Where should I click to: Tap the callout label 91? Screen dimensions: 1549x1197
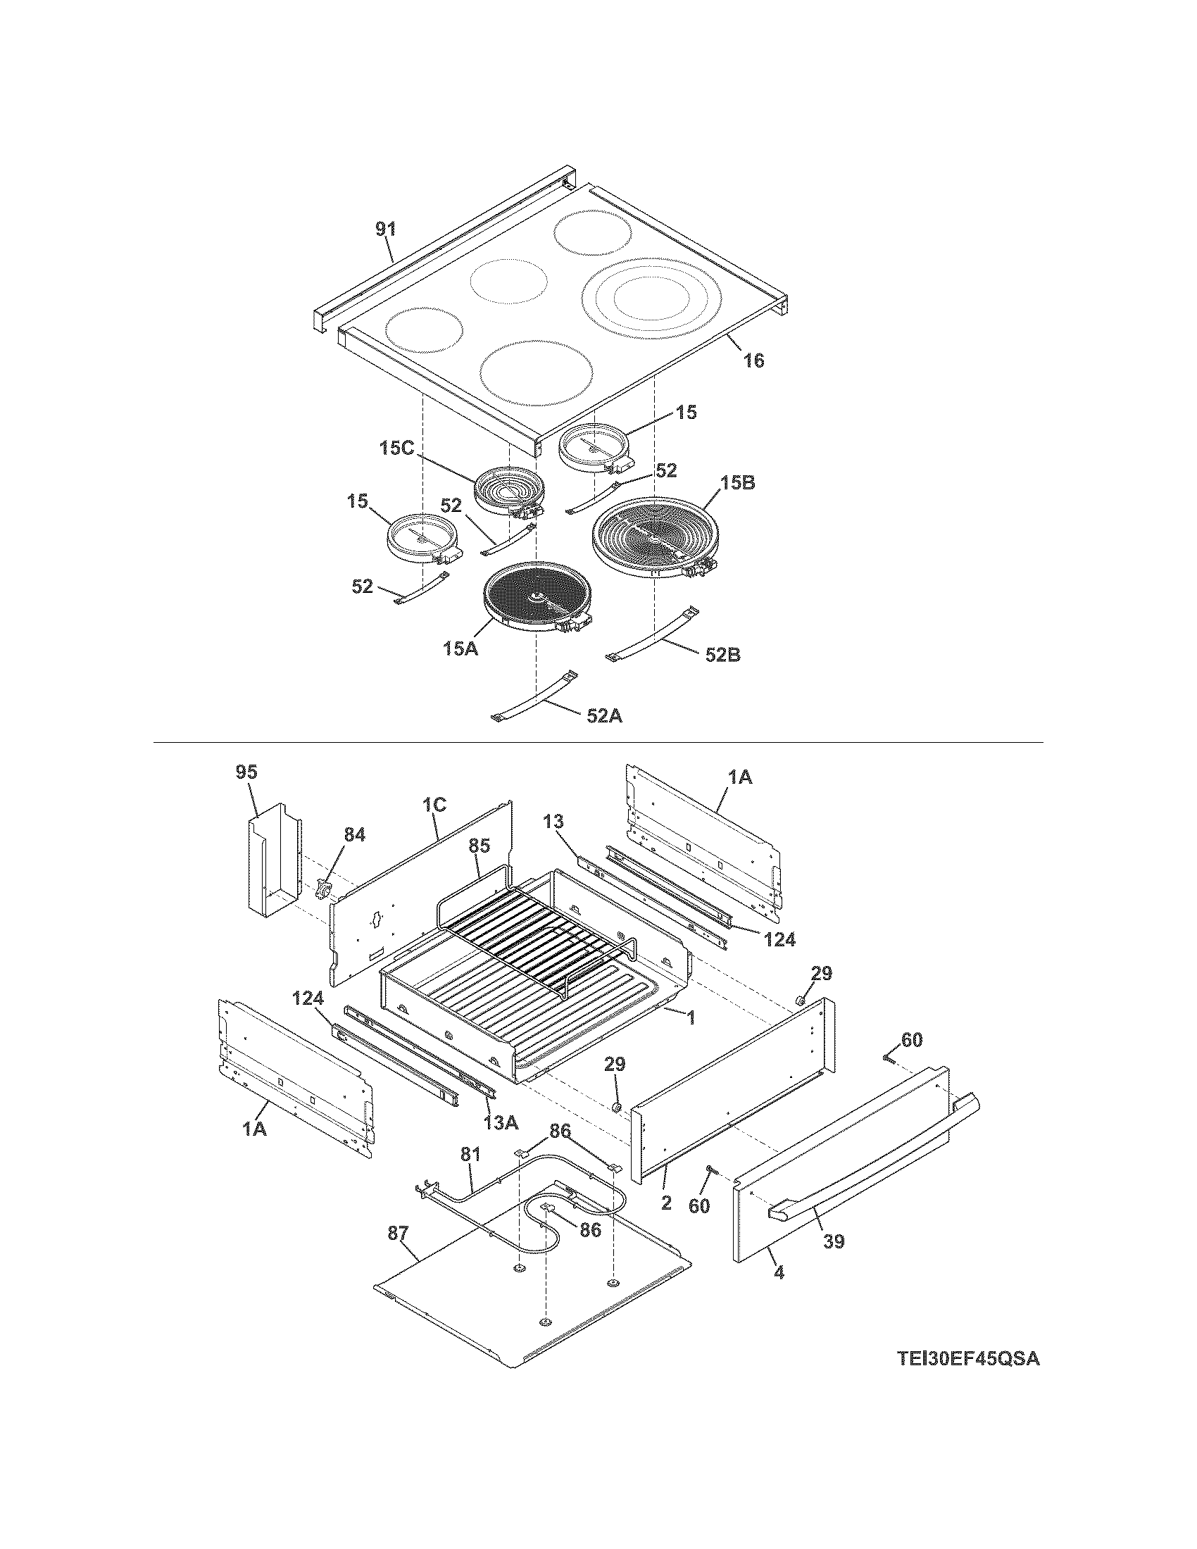(386, 229)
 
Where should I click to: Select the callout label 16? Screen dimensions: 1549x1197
(754, 360)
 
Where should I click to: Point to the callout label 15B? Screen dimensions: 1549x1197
(737, 484)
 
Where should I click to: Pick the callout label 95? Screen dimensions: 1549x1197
(247, 772)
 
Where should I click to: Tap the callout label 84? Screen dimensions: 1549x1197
(355, 835)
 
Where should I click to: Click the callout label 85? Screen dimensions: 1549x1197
(480, 846)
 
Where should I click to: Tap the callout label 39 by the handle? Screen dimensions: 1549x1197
(834, 1241)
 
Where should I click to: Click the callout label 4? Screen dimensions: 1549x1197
(779, 1273)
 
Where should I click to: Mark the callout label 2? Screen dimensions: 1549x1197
(666, 1203)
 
